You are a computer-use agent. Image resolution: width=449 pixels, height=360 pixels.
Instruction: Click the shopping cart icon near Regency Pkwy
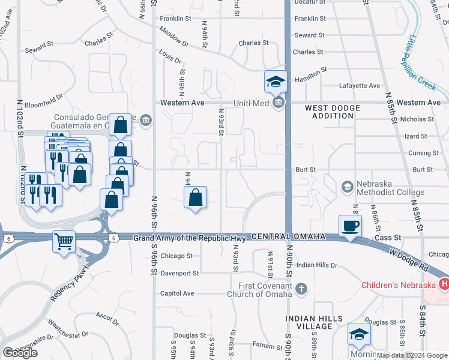point(64,242)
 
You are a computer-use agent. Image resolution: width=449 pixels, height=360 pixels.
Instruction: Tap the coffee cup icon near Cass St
point(351,226)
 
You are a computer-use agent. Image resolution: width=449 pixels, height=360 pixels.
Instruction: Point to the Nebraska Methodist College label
point(391,187)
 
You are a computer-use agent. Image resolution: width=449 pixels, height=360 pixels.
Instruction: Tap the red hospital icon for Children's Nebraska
point(444,283)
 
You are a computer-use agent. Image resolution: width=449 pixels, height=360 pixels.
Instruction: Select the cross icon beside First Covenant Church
point(301,290)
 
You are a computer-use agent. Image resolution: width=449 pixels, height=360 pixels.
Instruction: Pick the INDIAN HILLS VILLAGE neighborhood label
point(314,322)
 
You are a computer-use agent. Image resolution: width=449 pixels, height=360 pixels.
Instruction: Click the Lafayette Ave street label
point(360,86)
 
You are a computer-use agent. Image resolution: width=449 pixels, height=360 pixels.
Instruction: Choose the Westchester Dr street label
point(67,329)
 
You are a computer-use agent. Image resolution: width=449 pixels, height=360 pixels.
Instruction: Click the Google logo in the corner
point(20,352)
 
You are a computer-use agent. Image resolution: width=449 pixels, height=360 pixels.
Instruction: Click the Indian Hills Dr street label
point(318,265)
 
